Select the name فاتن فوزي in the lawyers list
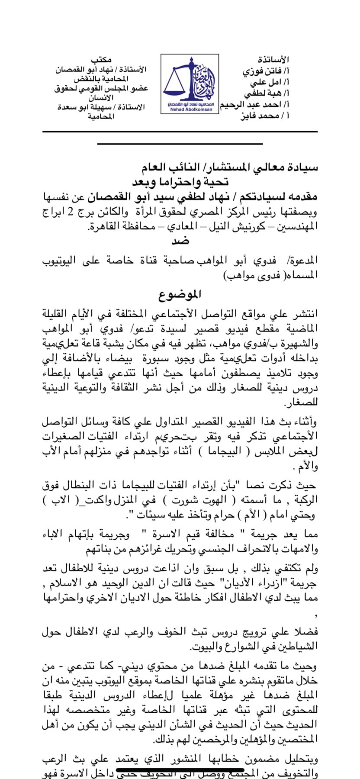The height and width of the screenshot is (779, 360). (265, 71)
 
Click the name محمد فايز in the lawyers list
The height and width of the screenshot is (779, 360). (260, 116)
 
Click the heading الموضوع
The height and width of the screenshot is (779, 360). (180, 295)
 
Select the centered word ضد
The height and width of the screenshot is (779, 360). (180, 241)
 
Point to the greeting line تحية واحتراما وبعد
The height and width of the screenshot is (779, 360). (180, 182)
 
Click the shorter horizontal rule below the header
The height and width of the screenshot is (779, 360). (180, 143)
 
